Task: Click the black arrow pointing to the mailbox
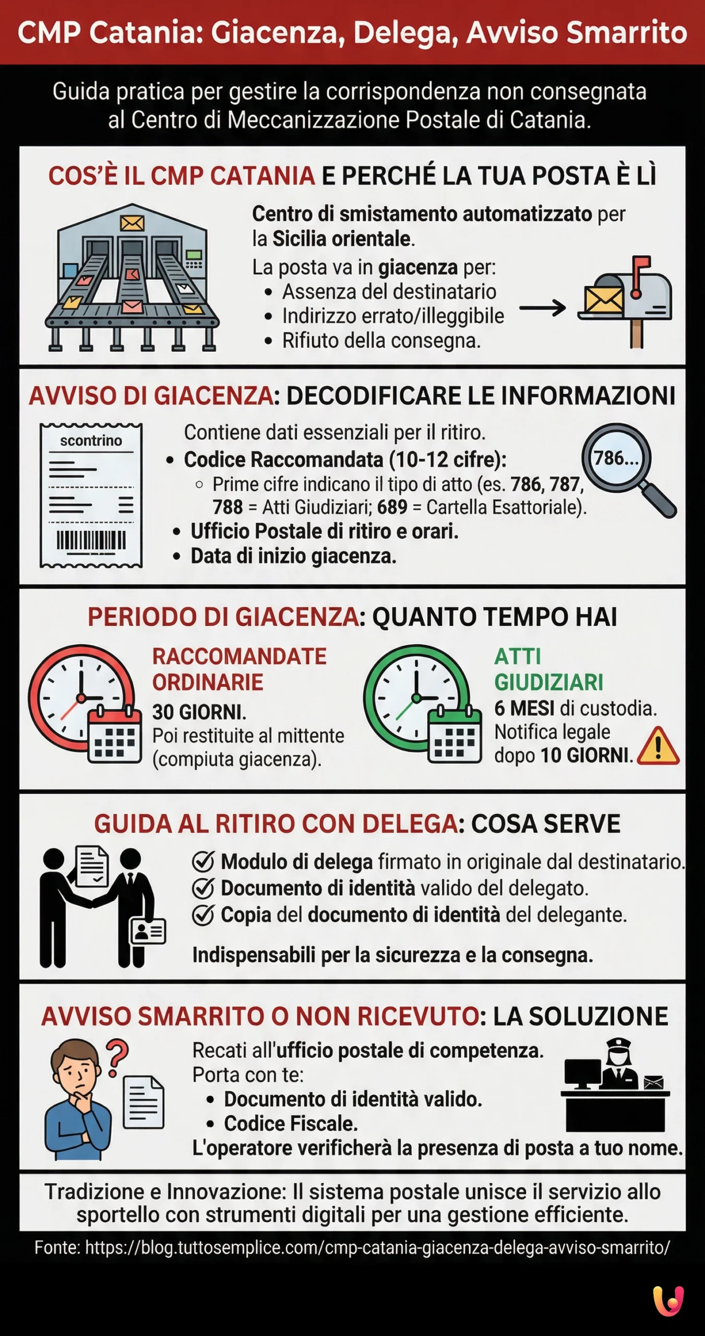[542, 308]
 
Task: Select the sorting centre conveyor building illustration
[132, 277]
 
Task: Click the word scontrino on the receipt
[91, 441]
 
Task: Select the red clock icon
[81, 698]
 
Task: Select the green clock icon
[416, 698]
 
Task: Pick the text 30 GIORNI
[199, 712]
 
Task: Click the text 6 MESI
[524, 709]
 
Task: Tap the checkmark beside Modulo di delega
[203, 862]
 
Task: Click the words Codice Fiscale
[291, 1124]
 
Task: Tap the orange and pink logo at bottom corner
[668, 1302]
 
